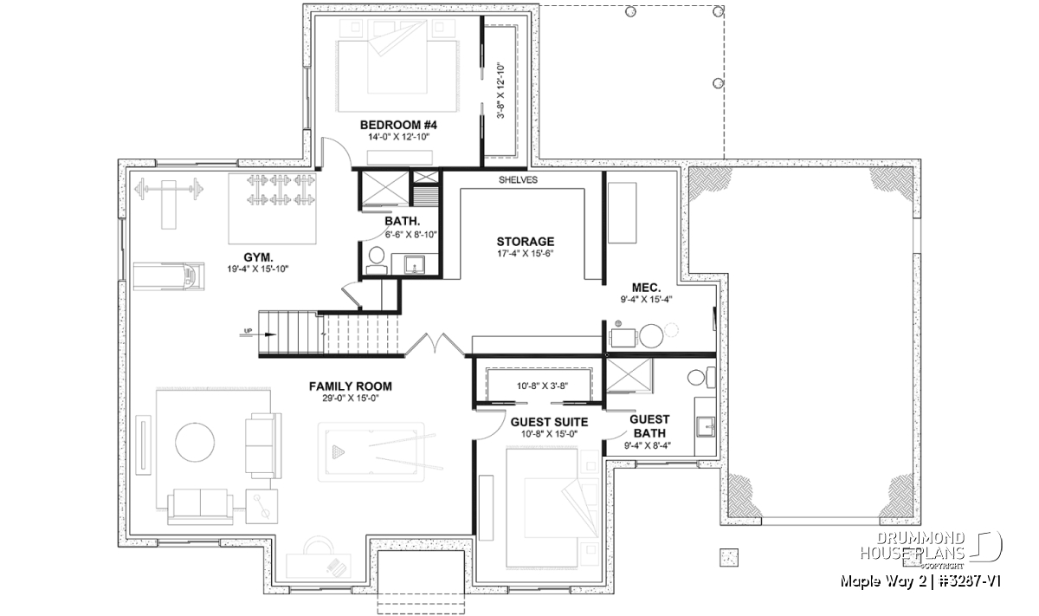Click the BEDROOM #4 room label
coord(398,125)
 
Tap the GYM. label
coord(258,257)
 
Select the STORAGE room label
coord(526,242)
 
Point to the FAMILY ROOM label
coord(350,386)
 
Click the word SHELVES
coord(518,180)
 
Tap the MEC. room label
coord(646,288)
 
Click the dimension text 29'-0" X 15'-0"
coord(351,399)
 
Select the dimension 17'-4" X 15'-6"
coord(526,254)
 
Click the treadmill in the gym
coord(169,276)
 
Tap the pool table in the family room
coord(371,451)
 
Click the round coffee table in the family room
coord(195,442)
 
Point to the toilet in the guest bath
coord(702,378)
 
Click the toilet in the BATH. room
coord(376,261)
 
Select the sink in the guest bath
coord(706,426)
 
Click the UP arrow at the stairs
coord(258,334)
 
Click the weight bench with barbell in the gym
coord(169,198)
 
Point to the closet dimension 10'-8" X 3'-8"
coord(542,386)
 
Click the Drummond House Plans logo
coord(931,550)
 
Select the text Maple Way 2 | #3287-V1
coord(920,581)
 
